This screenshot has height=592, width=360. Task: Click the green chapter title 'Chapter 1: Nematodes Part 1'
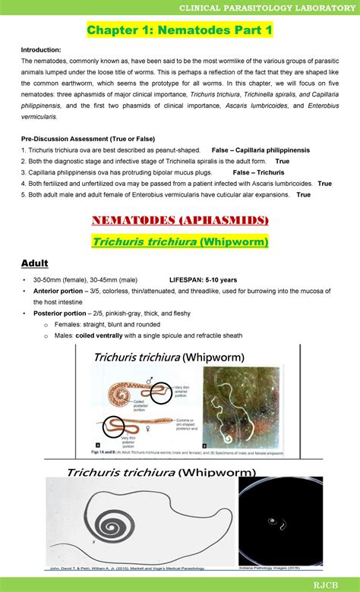pyautogui.click(x=179, y=30)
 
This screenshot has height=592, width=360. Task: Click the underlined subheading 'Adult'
pyautogui.click(x=34, y=263)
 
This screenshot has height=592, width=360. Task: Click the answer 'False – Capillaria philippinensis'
pyautogui.click(x=261, y=150)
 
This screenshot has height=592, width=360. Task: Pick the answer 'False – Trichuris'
pyautogui.click(x=259, y=172)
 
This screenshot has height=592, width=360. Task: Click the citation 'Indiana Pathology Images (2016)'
pyautogui.click(x=279, y=565)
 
